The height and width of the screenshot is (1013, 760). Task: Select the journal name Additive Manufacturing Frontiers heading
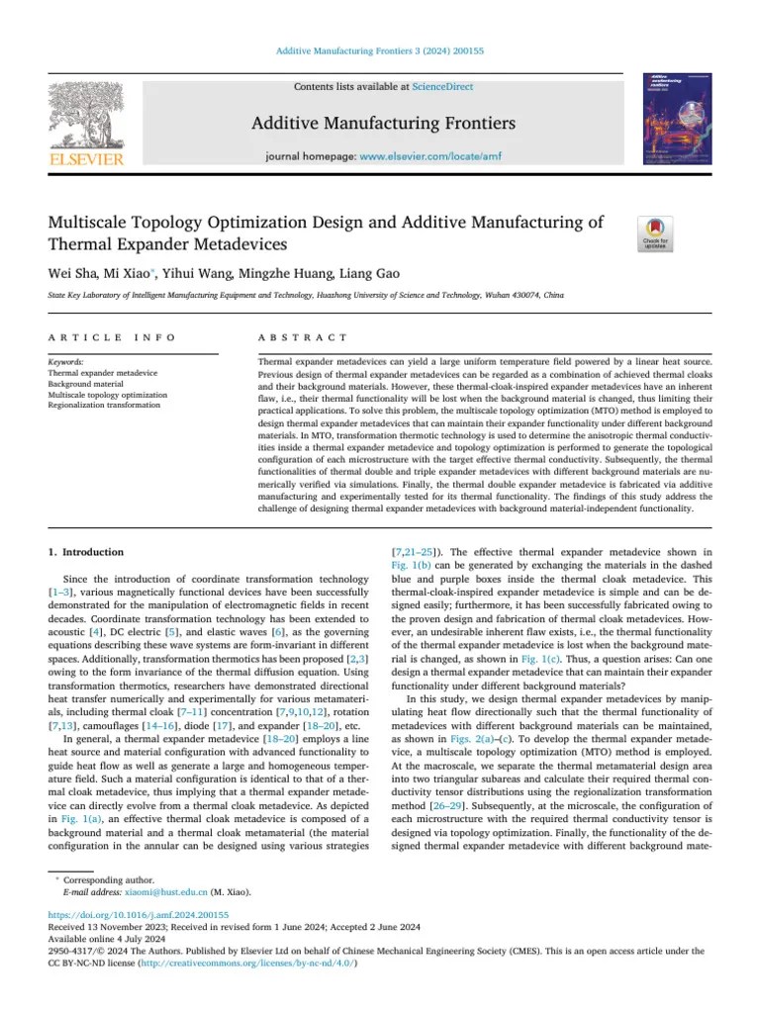click(x=383, y=124)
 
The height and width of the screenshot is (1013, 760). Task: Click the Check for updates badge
click(x=658, y=233)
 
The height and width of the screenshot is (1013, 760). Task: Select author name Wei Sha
click(x=72, y=273)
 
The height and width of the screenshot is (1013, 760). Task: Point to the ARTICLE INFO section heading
click(x=112, y=337)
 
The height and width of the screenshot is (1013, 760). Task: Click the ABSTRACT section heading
click(x=302, y=337)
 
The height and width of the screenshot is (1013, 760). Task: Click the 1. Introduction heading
click(x=86, y=552)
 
